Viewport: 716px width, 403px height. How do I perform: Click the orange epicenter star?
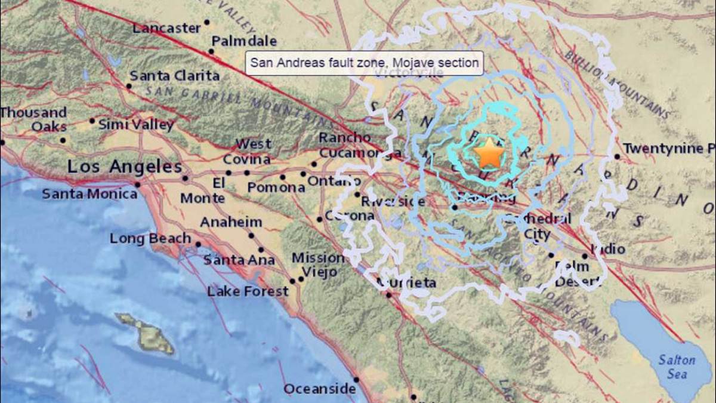coord(489,153)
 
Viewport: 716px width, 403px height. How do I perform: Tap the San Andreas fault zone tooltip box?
coord(364,62)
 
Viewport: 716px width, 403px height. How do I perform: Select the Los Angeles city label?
coord(124,167)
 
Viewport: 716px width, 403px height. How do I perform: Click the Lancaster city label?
coord(166,28)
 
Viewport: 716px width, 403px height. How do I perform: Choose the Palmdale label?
coord(245,41)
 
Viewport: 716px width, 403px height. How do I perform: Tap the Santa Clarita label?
coord(174,76)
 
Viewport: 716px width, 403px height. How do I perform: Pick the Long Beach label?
coord(150,238)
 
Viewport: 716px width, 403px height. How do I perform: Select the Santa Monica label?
coord(89,193)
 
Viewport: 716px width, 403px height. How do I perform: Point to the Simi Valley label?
coord(136,124)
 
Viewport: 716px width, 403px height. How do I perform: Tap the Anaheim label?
coord(231,222)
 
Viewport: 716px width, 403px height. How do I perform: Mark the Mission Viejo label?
coord(317,264)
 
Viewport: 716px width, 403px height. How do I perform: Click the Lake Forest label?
coord(248,291)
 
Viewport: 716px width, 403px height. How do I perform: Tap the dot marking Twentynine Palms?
coord(617,156)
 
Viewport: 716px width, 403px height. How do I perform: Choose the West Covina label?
coord(246,152)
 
